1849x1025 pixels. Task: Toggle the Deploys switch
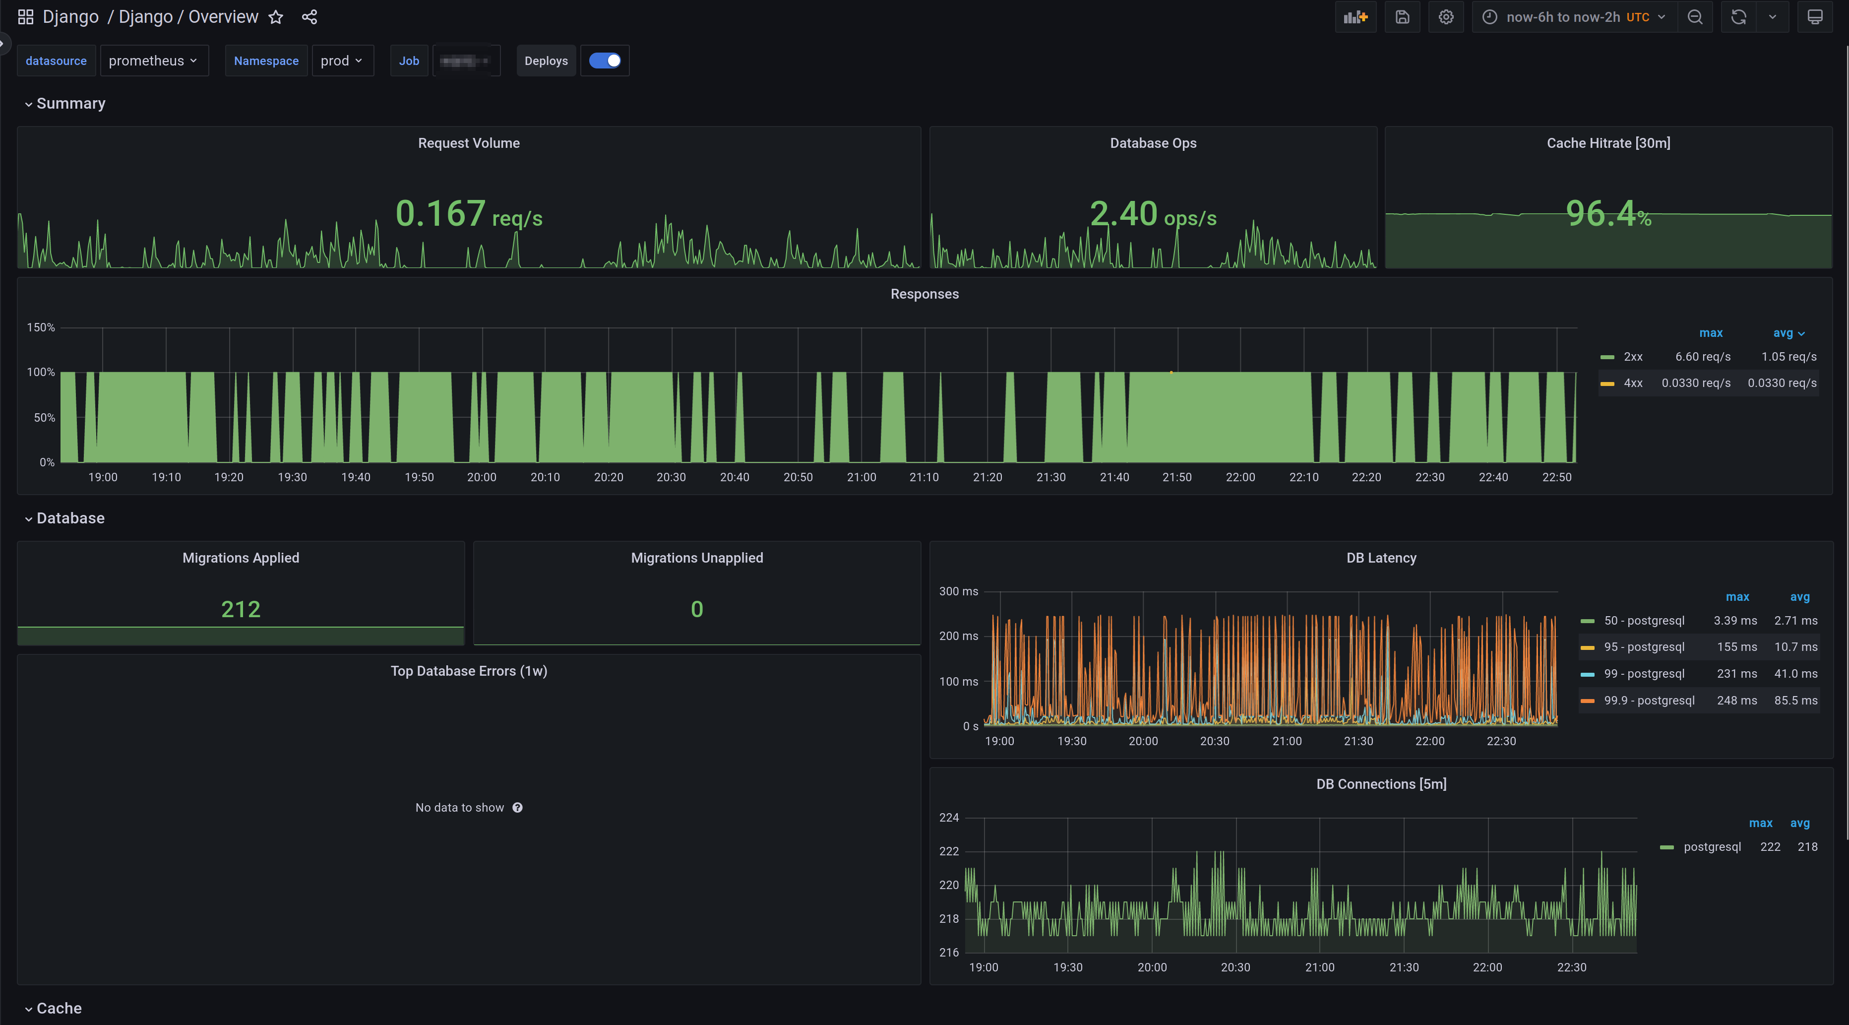coord(605,61)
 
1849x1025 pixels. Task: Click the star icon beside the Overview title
coord(276,17)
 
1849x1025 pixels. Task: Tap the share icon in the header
coord(309,17)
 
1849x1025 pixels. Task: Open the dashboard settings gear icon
coord(1446,17)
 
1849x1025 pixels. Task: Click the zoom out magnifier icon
coord(1695,17)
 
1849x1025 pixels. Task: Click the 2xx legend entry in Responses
coord(1633,357)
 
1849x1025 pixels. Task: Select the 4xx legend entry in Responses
coord(1633,384)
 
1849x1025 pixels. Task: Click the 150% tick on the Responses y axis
coord(41,327)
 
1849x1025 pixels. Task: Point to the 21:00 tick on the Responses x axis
coord(862,477)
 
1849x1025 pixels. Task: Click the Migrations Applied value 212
coord(241,609)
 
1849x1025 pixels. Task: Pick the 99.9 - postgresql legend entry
coord(1649,701)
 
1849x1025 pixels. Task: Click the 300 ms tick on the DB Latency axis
coord(958,591)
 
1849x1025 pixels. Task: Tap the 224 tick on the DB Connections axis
coord(949,818)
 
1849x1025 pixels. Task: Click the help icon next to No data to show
coord(517,808)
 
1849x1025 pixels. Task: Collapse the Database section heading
coord(70,518)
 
